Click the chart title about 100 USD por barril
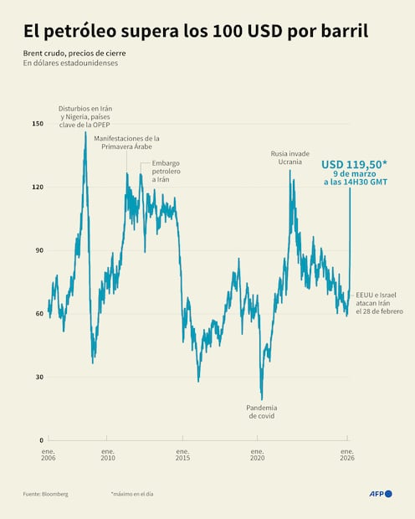coord(195,32)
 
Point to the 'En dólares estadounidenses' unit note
coord(70,63)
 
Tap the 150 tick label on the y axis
coord(37,124)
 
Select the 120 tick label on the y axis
coord(37,187)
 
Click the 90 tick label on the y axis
coord(38,250)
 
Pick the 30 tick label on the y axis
coord(38,377)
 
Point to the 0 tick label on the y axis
coord(40,439)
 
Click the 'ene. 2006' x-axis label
coord(49,455)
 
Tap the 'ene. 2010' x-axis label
coord(108,455)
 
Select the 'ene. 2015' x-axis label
coord(182,455)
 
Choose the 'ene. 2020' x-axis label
coord(258,455)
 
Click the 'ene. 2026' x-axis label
coord(347,455)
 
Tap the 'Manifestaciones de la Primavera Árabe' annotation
coord(126,141)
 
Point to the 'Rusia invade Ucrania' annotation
coord(290,157)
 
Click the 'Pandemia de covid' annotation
coord(261,411)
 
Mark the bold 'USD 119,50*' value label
coord(353,164)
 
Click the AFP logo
coord(380,494)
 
